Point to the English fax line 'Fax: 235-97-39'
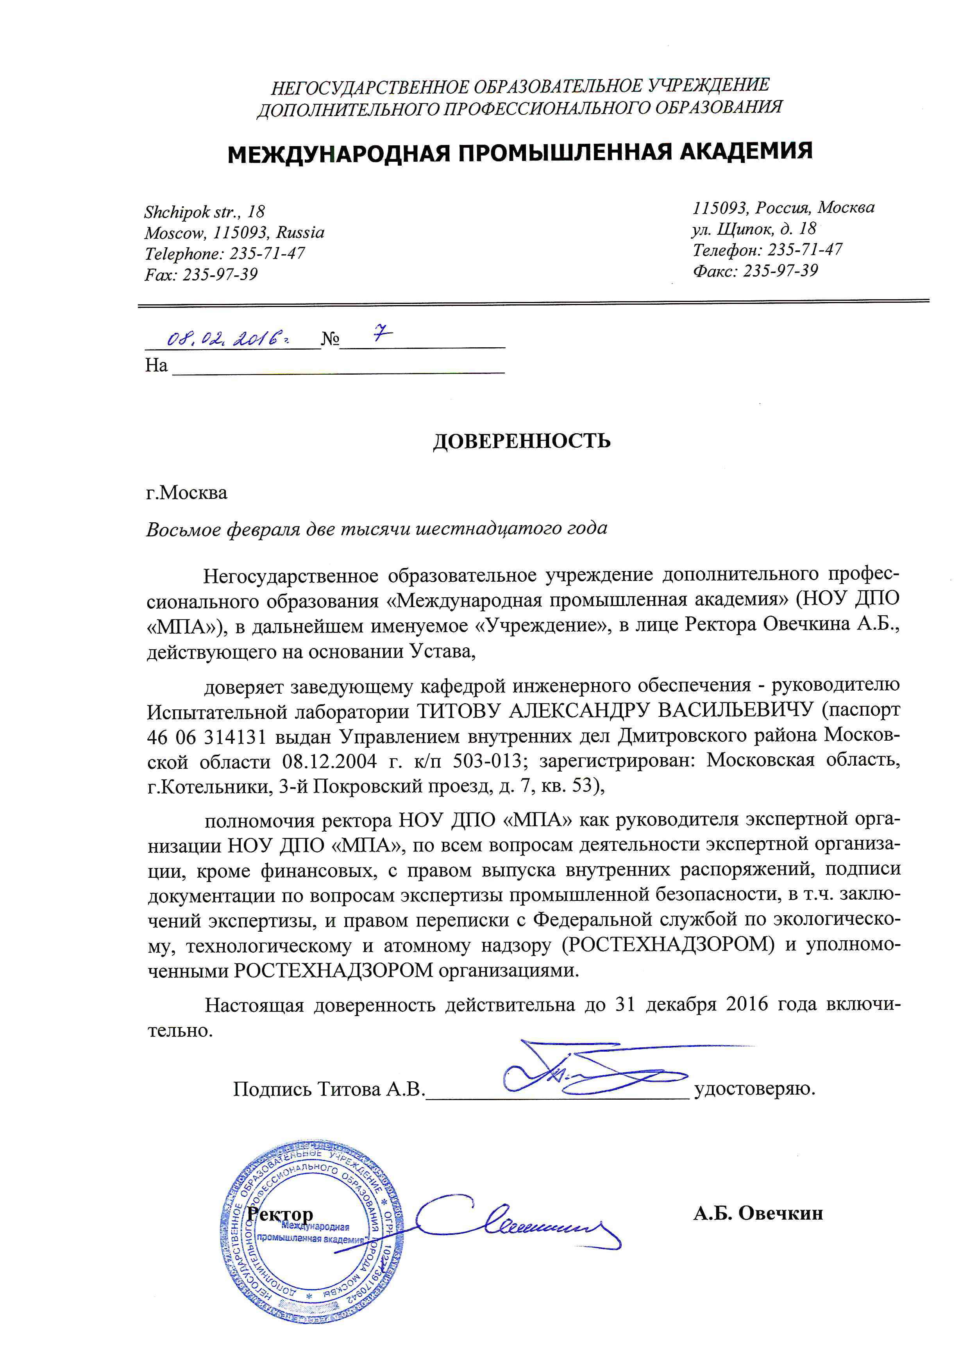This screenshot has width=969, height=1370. coord(201,275)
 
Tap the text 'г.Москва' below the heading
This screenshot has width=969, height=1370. coord(187,493)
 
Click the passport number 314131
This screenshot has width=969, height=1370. coord(234,737)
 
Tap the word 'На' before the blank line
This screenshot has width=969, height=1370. coord(156,365)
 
